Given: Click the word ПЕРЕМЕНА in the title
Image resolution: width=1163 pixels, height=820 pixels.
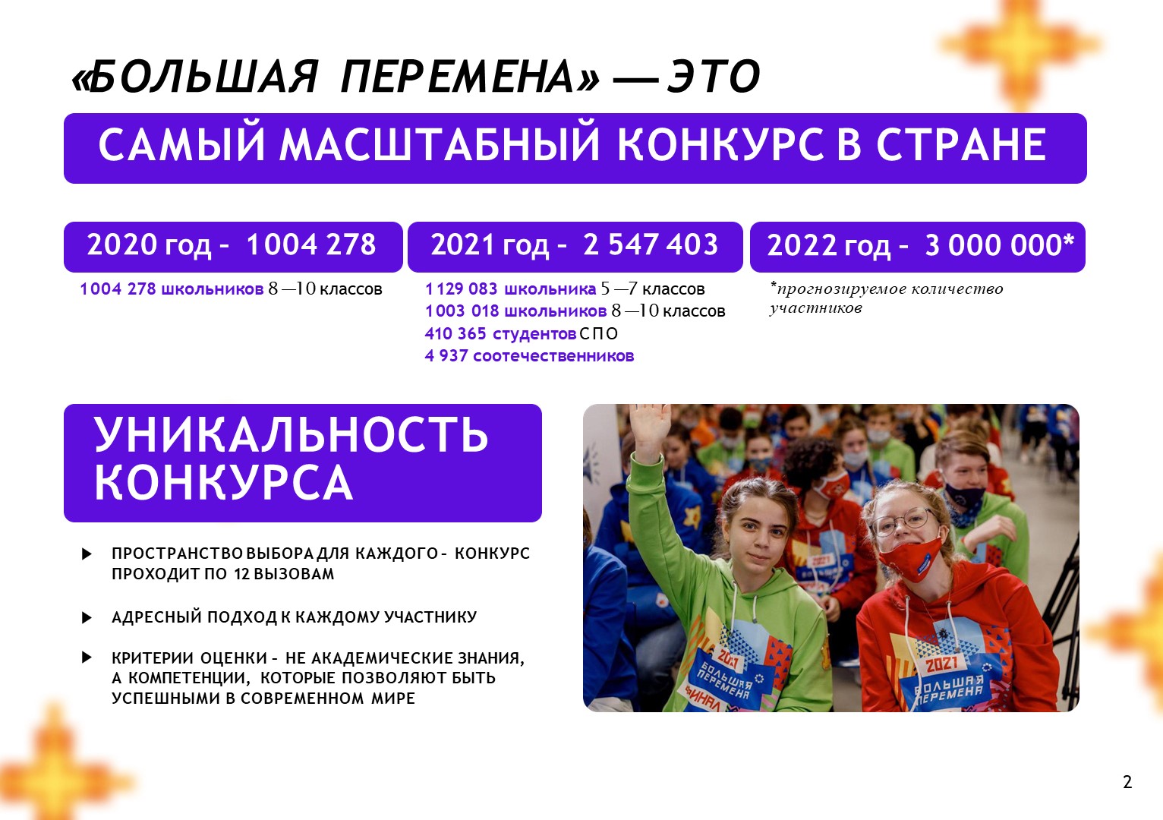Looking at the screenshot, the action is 470,77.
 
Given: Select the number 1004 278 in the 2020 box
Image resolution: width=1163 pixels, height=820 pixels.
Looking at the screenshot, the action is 311,244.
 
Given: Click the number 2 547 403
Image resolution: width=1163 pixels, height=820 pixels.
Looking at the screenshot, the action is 651,244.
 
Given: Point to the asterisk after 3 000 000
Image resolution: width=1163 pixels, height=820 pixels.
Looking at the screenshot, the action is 1069,241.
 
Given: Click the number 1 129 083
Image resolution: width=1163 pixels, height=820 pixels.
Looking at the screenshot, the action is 461,289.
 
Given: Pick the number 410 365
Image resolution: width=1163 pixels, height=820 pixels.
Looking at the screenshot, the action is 455,333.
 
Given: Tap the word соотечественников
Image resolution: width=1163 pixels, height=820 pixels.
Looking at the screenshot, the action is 553,356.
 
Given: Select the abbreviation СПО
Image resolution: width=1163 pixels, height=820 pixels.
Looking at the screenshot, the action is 599,333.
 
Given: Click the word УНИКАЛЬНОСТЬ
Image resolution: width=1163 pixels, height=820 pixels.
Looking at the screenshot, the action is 291,434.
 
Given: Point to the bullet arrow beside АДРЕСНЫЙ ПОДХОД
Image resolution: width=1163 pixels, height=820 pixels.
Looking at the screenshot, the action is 87,617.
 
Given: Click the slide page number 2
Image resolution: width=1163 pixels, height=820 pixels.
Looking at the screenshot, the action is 1127,781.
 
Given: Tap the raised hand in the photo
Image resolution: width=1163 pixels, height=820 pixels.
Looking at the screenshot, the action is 649,426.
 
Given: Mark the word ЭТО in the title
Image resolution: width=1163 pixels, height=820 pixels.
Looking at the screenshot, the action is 714,77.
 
